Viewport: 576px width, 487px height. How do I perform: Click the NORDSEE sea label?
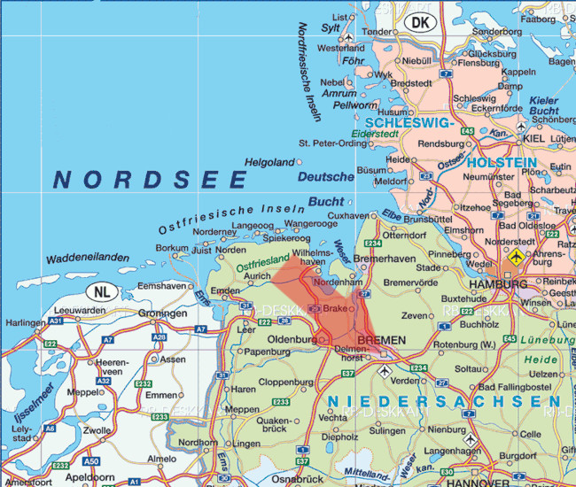151,180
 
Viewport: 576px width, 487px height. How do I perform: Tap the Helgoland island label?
269,163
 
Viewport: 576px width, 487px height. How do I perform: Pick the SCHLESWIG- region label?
409,124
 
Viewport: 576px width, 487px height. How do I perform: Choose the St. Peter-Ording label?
332,142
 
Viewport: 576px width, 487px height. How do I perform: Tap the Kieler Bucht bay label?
544,106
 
